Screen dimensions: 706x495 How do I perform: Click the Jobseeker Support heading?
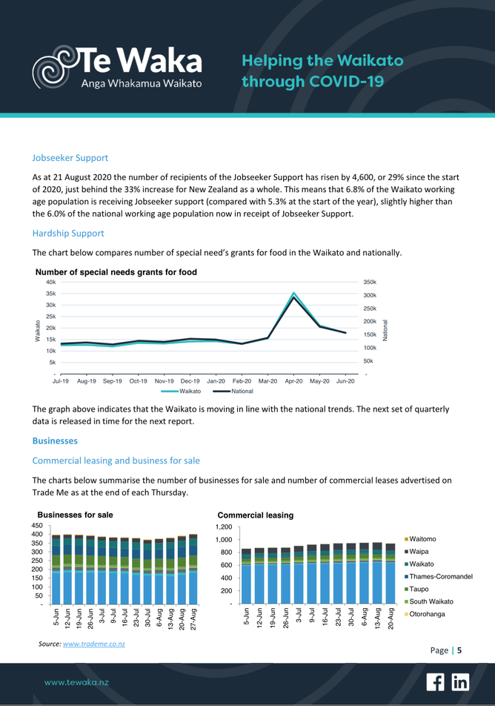click(x=70, y=158)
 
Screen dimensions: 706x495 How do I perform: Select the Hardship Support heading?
click(x=68, y=233)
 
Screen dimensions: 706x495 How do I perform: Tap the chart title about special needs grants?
click(x=116, y=272)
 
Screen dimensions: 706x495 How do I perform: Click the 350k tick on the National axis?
click(x=371, y=283)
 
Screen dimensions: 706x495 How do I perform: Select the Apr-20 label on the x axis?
click(x=294, y=380)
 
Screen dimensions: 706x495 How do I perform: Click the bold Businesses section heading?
click(x=55, y=441)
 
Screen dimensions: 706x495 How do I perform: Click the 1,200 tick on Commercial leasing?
click(x=224, y=527)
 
